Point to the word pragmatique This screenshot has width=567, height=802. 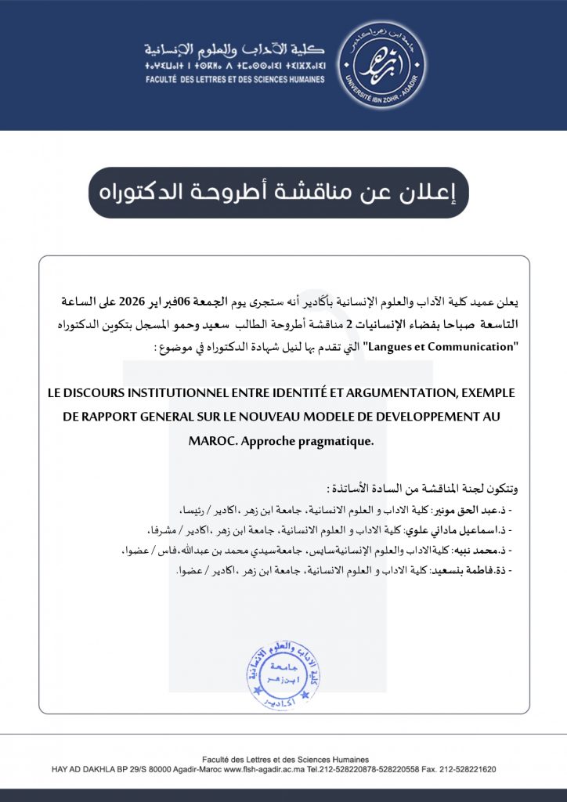pos(335,441)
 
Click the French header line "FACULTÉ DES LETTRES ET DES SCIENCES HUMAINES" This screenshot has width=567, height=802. pos(234,78)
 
